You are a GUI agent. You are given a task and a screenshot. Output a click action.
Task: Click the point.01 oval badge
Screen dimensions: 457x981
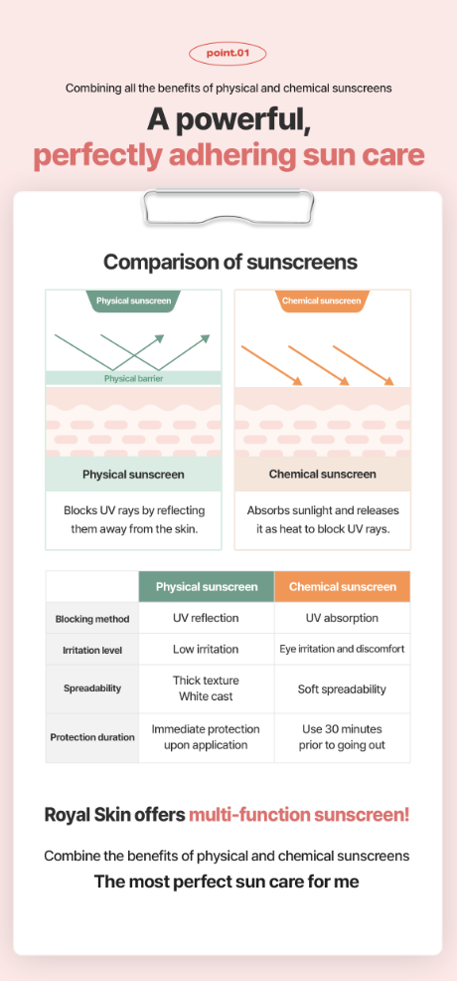pos(228,53)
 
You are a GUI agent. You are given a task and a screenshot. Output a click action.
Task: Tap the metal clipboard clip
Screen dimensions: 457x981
pos(228,206)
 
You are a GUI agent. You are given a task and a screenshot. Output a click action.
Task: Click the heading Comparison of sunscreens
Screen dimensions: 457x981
pos(230,262)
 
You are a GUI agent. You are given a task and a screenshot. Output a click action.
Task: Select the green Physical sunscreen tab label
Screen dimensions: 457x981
pos(133,300)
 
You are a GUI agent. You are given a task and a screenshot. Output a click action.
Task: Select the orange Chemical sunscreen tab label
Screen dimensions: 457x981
pos(322,300)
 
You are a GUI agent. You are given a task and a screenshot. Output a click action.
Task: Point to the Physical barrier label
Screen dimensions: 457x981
pos(133,378)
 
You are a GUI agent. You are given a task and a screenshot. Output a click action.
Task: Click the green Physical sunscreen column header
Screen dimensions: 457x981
pos(207,587)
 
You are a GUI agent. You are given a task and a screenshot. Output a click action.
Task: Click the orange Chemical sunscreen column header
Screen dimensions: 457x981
pos(343,587)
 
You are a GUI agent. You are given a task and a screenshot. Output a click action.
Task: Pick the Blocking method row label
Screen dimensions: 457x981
pos(92,619)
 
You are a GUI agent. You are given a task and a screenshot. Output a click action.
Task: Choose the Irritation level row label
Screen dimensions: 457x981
pos(92,650)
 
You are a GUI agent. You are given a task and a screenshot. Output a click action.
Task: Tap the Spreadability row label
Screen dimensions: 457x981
pos(92,688)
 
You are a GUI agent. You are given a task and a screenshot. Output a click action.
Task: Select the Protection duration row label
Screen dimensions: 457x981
pos(92,737)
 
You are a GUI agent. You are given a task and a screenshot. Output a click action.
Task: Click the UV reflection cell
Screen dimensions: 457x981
pos(206,618)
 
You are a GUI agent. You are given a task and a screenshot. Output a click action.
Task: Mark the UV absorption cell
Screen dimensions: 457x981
pos(342,618)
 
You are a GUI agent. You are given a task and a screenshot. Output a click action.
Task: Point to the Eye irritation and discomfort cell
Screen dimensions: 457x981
pos(342,649)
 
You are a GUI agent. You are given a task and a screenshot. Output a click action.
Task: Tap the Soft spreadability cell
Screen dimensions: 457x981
pos(342,689)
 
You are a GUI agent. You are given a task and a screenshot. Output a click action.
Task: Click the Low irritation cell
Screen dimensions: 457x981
pos(206,650)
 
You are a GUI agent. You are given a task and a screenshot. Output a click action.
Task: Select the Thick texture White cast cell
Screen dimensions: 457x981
pos(206,688)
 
